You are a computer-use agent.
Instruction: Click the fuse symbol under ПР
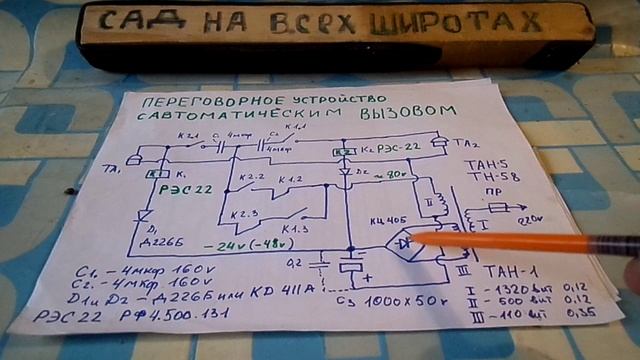point(500,209)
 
